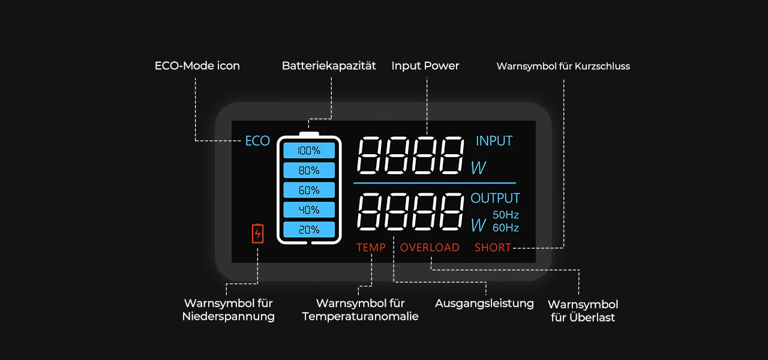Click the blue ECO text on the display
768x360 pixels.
coord(257,141)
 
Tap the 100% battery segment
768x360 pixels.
coord(309,151)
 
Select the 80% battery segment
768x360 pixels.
coord(309,170)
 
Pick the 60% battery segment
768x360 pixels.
coord(309,190)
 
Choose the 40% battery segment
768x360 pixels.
coord(309,210)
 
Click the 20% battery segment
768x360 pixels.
coord(309,230)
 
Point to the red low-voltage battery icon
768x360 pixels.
coord(257,233)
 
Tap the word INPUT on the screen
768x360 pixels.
coord(494,141)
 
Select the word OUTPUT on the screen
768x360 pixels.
coord(495,198)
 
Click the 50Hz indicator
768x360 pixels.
coord(506,215)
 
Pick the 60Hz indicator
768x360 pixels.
coord(506,228)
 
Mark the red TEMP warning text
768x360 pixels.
coord(371,247)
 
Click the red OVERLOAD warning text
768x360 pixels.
coord(430,247)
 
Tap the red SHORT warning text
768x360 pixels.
coord(493,247)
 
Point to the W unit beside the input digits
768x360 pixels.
coord(478,169)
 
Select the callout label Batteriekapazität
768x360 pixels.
coord(329,66)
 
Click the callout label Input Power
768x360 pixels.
coord(425,66)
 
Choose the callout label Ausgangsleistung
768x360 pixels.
coord(484,303)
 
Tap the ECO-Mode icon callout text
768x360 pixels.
coord(197,66)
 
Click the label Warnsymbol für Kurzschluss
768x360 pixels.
coord(563,67)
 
